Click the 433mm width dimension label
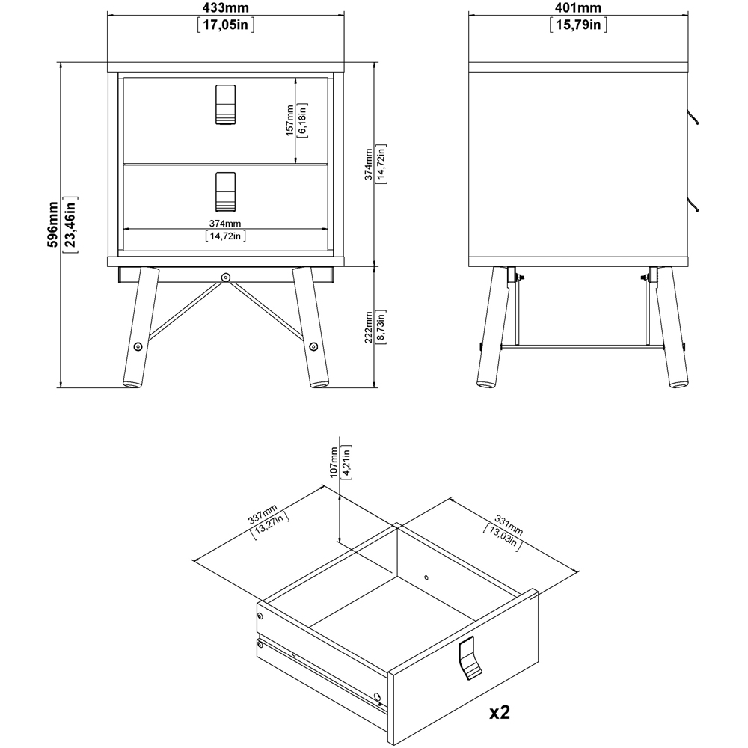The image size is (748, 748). click(x=226, y=7)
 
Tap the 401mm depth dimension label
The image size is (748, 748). click(x=577, y=7)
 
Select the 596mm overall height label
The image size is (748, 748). click(x=52, y=224)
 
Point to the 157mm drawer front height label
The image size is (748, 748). click(x=289, y=120)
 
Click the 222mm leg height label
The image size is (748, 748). click(x=368, y=328)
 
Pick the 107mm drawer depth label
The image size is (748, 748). click(x=334, y=462)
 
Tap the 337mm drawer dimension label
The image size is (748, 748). click(x=262, y=513)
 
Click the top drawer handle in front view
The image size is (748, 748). click(x=226, y=105)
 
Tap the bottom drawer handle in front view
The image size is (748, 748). click(x=226, y=191)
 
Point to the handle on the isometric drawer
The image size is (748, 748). click(x=470, y=657)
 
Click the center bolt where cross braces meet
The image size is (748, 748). click(x=225, y=278)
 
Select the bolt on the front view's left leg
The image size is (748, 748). click(x=138, y=346)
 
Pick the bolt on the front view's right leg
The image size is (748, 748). click(x=313, y=346)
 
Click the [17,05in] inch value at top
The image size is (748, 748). click(x=226, y=25)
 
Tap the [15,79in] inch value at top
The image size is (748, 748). click(x=577, y=25)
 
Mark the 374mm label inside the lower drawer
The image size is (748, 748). click(x=225, y=223)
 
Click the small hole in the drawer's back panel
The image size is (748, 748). click(x=426, y=577)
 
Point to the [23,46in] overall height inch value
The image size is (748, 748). click(x=70, y=224)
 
